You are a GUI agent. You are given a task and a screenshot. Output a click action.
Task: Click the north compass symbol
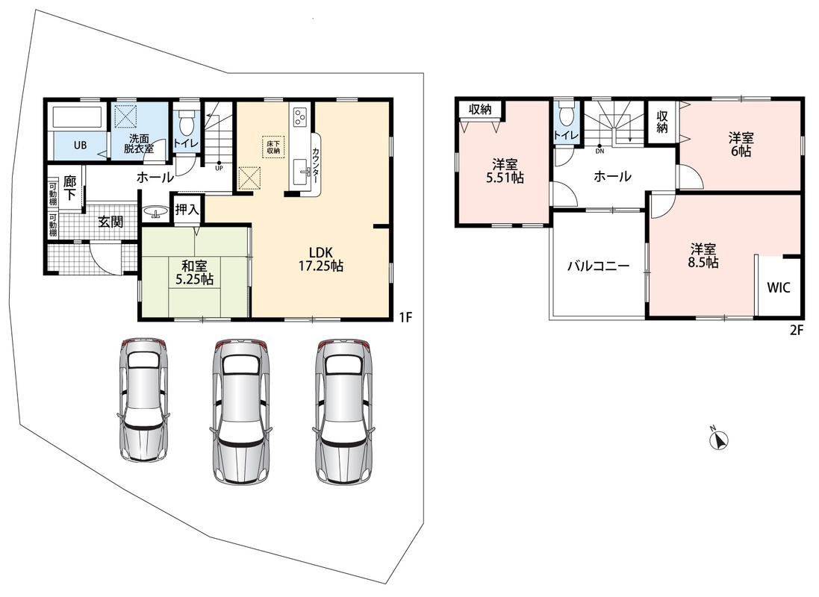point(719,440)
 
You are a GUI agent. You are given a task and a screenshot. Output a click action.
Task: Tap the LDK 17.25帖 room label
point(321,258)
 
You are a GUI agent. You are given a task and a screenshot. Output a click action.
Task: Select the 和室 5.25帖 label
point(194,272)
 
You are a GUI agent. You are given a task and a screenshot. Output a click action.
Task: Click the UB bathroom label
point(80,146)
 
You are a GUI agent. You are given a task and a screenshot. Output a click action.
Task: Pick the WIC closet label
point(778,287)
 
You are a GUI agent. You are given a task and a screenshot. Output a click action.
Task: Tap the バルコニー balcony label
point(599,266)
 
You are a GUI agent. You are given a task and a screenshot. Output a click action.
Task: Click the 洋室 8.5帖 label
point(703,255)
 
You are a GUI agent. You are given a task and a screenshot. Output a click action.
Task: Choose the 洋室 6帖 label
point(741,145)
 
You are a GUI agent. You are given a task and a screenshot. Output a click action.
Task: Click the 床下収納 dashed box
point(274,147)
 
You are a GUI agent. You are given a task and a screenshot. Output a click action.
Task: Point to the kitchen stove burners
point(300,117)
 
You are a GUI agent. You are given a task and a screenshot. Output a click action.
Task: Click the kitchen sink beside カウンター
point(302,172)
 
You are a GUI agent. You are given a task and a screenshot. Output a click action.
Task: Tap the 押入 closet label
point(187,210)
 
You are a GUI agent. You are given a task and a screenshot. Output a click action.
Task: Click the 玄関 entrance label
point(110,222)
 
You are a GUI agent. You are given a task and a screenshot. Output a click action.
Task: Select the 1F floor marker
point(406,316)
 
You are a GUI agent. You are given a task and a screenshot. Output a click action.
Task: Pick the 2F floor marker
point(796,330)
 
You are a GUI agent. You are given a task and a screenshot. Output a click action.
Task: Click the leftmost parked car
point(143,399)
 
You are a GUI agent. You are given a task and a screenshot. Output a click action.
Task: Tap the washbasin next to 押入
point(155,212)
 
